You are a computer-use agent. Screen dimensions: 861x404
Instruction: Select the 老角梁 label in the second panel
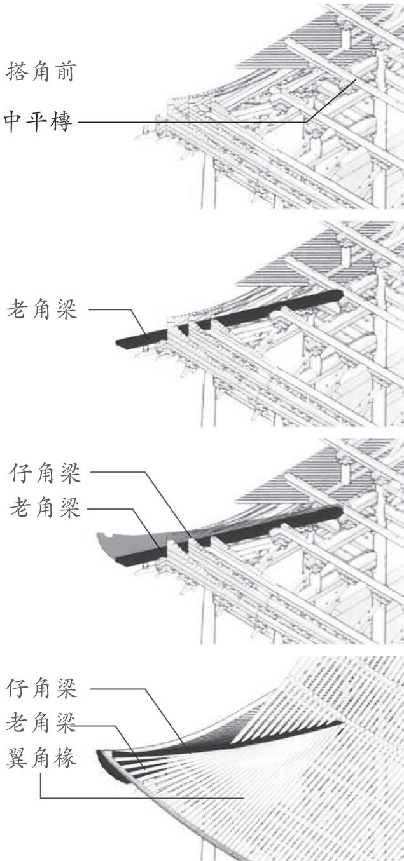[x=41, y=310]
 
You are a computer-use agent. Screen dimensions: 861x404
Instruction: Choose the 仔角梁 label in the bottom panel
[x=41, y=688]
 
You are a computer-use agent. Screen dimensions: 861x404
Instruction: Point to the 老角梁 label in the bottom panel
[x=41, y=723]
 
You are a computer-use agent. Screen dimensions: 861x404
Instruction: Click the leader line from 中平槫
[x=191, y=121]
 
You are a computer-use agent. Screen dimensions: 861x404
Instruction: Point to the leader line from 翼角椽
[x=140, y=798]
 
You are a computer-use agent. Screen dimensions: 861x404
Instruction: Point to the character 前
[x=66, y=71]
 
